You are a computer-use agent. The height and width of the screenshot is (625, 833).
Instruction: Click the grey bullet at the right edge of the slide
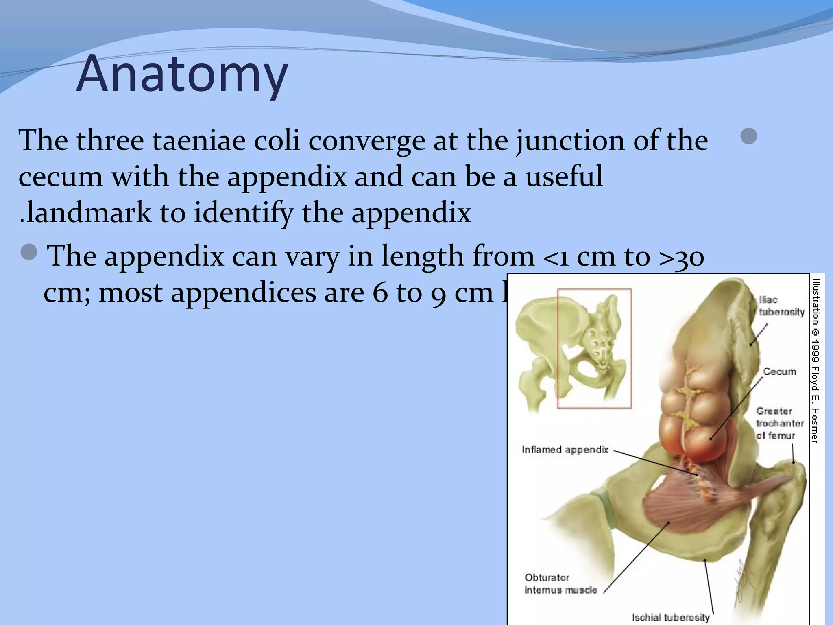tap(748, 136)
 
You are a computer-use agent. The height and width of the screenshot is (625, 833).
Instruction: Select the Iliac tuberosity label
tap(781, 306)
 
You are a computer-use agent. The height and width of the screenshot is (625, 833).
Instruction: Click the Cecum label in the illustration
tap(779, 372)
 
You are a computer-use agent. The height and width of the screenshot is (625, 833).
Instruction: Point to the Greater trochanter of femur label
tap(780, 423)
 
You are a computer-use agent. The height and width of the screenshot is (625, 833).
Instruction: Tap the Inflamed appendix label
tap(565, 450)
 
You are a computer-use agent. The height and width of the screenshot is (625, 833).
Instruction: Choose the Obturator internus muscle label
tap(560, 584)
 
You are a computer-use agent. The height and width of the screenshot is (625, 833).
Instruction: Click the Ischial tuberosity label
tap(670, 617)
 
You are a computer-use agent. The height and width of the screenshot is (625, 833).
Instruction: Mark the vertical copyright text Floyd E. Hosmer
tap(815, 360)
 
